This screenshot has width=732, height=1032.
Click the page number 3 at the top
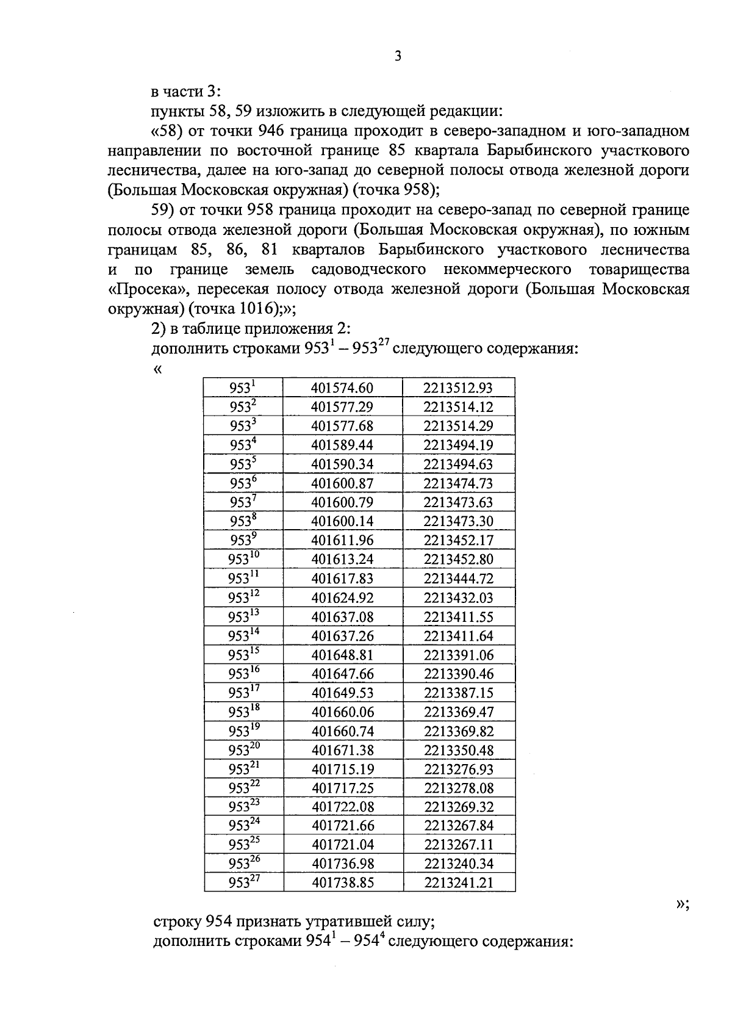tap(398, 57)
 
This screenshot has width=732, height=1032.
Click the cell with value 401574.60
tap(342, 388)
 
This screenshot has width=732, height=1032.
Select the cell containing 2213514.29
tap(459, 426)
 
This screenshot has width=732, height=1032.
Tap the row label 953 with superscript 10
tap(243, 559)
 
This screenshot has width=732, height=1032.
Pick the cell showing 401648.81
tap(342, 655)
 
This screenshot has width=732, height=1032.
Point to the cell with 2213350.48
tap(459, 750)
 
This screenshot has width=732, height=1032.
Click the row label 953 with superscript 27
tap(243, 882)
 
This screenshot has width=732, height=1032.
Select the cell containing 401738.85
tap(342, 882)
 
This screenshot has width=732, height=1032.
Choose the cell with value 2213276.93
tap(459, 769)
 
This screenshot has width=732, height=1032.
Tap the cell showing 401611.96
tap(342, 540)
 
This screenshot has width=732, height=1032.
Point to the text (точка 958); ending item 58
tap(396, 190)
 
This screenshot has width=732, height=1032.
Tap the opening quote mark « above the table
tap(158, 369)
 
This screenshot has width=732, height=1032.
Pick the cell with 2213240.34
tap(459, 864)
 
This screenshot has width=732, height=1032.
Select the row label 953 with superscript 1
tap(243, 388)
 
